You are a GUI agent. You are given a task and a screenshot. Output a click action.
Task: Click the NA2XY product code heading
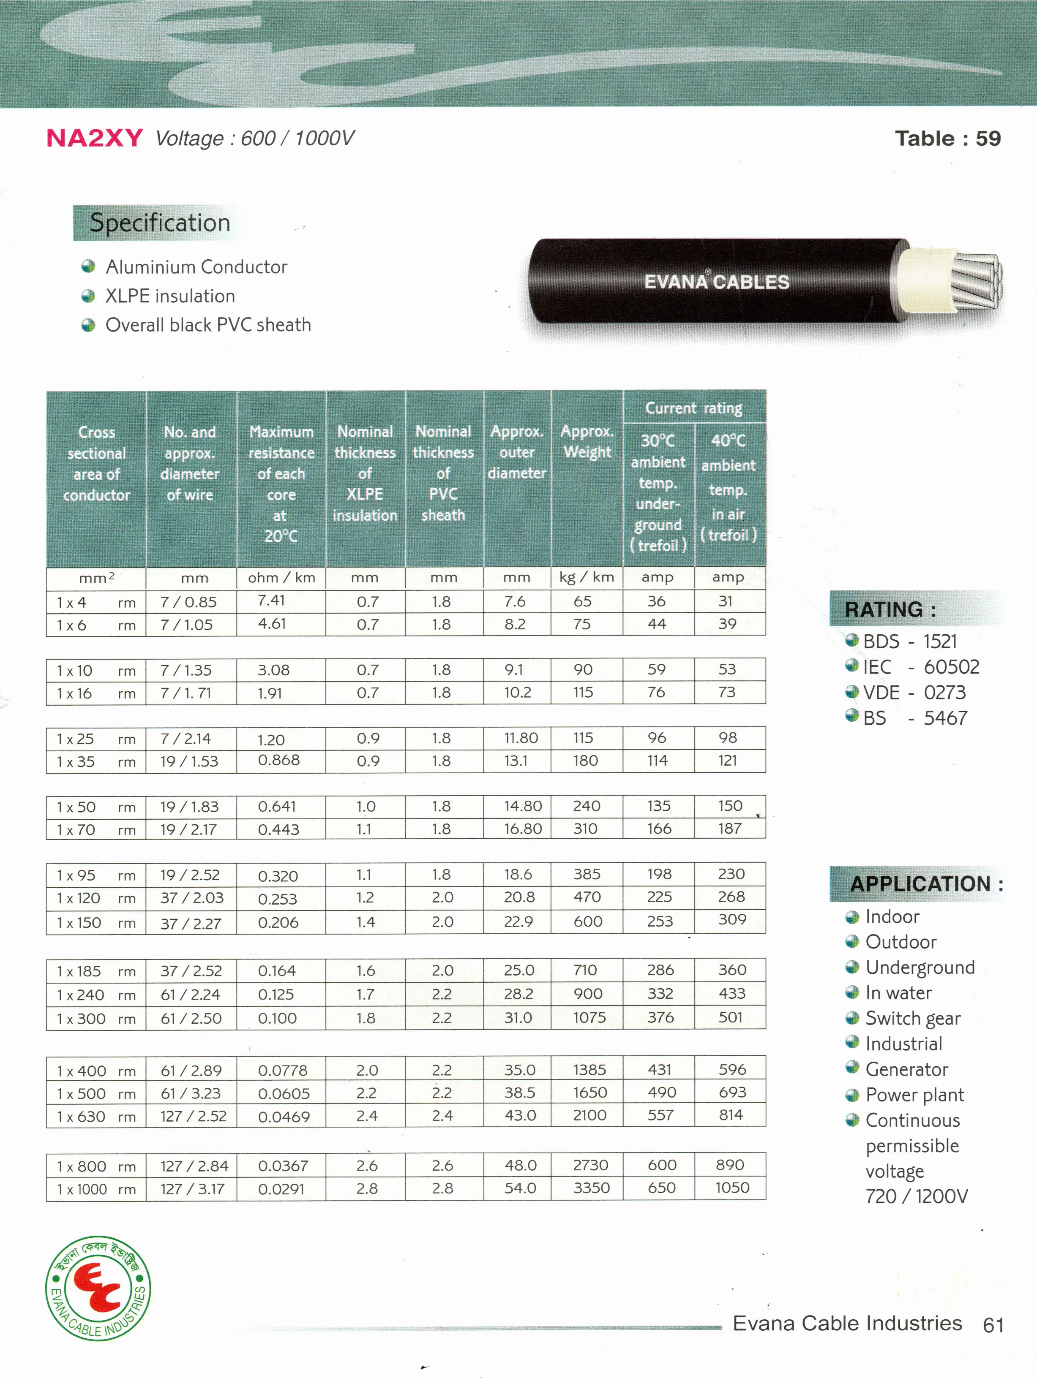[95, 138]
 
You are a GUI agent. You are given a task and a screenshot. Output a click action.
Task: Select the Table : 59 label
[947, 138]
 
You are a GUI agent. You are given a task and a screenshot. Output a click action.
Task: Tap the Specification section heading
[160, 223]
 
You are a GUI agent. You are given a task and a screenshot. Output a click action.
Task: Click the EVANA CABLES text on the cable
[717, 282]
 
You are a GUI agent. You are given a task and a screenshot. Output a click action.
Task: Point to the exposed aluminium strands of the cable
[977, 282]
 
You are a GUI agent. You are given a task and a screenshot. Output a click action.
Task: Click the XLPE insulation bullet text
[170, 296]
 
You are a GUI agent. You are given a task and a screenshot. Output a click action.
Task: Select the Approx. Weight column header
[587, 442]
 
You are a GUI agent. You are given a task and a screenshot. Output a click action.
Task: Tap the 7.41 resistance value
[271, 601]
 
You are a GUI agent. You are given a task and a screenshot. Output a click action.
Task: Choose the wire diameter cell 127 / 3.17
[192, 1189]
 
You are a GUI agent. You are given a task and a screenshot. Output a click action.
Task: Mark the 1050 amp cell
[731, 1188]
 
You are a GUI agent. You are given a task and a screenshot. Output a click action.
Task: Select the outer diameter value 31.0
[518, 1017]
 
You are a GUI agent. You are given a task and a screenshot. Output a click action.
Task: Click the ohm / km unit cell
[281, 577]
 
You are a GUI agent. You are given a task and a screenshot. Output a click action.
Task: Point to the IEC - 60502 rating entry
[920, 667]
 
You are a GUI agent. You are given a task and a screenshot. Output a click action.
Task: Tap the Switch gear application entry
[912, 1019]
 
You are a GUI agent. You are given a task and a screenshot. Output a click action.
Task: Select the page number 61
[993, 1325]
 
